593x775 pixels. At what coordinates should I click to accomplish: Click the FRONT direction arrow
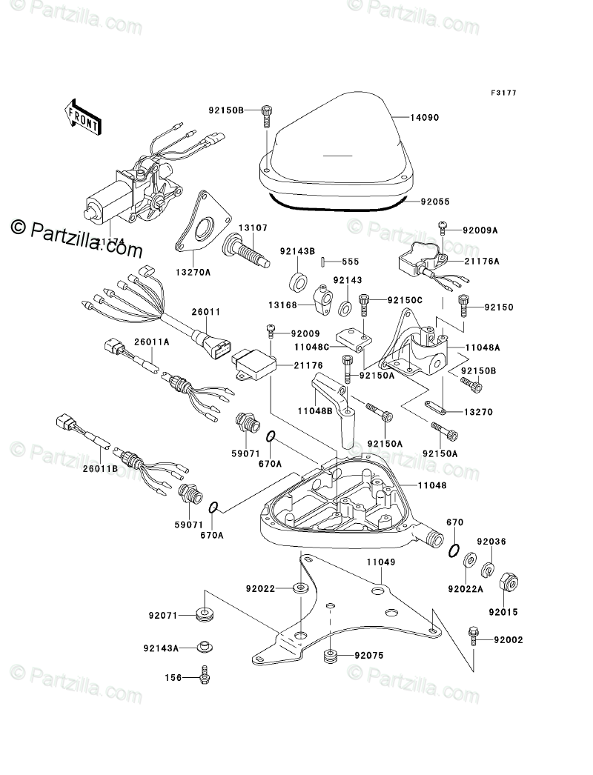[82, 115]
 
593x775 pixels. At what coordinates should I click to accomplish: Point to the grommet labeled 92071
[203, 613]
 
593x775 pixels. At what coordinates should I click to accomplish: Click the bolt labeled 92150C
[364, 302]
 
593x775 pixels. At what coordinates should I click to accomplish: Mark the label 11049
[379, 562]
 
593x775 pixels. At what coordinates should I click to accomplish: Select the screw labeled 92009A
[442, 224]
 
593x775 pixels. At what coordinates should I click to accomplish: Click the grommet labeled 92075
[331, 656]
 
